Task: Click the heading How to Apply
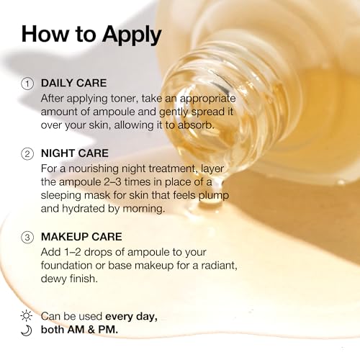[91, 35]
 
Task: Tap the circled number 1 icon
[27, 84]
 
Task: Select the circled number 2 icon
[27, 154]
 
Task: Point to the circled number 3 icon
[27, 238]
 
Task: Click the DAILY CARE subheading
[73, 83]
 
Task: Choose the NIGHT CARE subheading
[75, 153]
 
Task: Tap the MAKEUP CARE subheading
[81, 237]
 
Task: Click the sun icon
[27, 315]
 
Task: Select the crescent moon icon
[27, 330]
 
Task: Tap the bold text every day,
[131, 317]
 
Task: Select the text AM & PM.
[93, 330]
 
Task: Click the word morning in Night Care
[144, 209]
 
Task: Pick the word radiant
[219, 266]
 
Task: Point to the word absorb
[196, 125]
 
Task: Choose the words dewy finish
[69, 279]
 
